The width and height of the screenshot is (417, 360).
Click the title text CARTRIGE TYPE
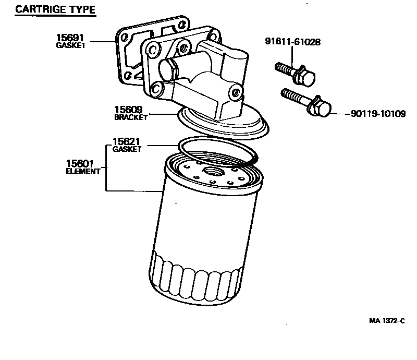pos(55,10)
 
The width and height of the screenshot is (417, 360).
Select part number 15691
pos(70,38)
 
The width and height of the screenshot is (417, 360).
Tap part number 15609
pos(129,110)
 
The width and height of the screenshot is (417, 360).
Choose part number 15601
pos(80,164)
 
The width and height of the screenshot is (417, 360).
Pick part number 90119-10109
pos(374,114)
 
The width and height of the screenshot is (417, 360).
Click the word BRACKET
pos(131,118)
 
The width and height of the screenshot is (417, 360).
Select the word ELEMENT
pos(83,172)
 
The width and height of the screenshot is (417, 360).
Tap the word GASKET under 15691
pos(70,46)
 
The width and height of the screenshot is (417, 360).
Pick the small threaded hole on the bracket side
pos(236,93)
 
